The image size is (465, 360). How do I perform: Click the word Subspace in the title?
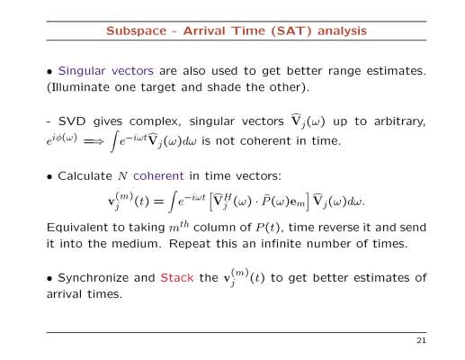(x=137, y=31)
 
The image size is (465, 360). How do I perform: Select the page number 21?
(x=421, y=340)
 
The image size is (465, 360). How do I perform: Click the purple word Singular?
(x=82, y=71)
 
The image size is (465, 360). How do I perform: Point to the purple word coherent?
(x=158, y=175)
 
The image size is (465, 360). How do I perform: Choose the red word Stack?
(x=177, y=278)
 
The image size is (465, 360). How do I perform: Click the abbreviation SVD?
(x=72, y=121)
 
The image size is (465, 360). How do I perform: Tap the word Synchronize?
(x=93, y=278)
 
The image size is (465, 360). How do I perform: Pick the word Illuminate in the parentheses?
(x=79, y=87)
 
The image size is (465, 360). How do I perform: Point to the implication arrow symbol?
(x=94, y=141)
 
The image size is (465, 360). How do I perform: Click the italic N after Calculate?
(x=122, y=176)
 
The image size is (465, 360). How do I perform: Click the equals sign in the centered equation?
(x=158, y=202)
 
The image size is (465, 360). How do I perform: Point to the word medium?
(x=137, y=244)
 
